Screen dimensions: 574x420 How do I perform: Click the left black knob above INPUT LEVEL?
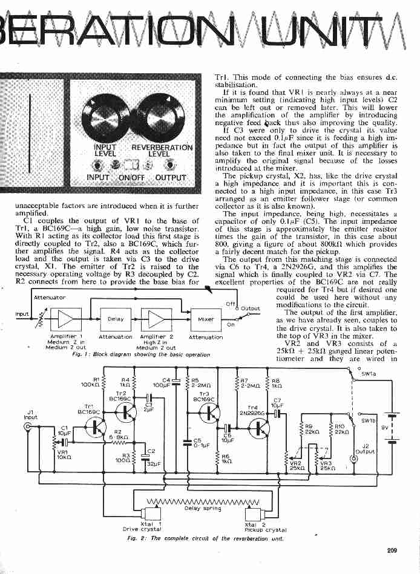pos(107,117)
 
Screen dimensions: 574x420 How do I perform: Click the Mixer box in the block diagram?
pos(206,319)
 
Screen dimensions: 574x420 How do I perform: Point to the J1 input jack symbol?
pos(28,428)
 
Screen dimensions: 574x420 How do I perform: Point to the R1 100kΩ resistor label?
pos(91,382)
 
